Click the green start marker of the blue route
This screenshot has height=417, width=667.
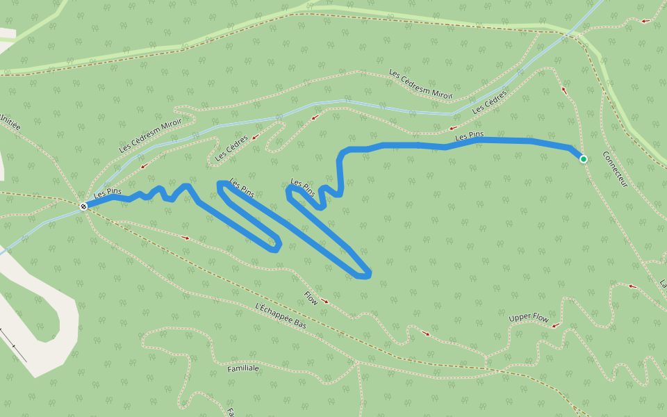tap(584, 159)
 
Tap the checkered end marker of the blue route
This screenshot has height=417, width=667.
tap(83, 206)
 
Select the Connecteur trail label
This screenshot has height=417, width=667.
tap(615, 170)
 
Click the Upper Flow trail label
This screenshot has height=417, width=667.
tap(529, 318)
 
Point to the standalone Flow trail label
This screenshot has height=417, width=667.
tap(311, 297)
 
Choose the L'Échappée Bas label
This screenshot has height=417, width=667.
tap(281, 316)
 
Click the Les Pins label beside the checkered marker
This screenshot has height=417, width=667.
tap(108, 193)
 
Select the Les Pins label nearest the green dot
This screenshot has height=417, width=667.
tap(470, 137)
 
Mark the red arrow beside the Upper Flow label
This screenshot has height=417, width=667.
tap(556, 325)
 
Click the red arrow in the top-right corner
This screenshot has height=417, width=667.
tap(645, 21)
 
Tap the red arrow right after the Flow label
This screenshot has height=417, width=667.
tap(325, 302)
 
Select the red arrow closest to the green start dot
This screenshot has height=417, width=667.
tap(564, 90)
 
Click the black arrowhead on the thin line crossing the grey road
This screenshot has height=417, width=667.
tap(15, 345)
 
